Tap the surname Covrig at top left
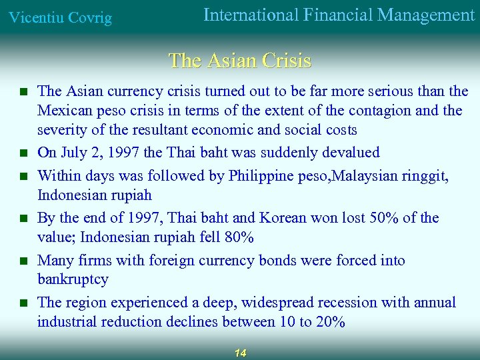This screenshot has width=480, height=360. click(88, 17)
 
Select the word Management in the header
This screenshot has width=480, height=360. click(427, 15)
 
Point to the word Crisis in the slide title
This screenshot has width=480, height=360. click(287, 61)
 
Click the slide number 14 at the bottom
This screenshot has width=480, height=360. click(240, 353)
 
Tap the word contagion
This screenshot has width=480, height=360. click(382, 110)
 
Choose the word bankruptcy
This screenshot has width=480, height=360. click(73, 279)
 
